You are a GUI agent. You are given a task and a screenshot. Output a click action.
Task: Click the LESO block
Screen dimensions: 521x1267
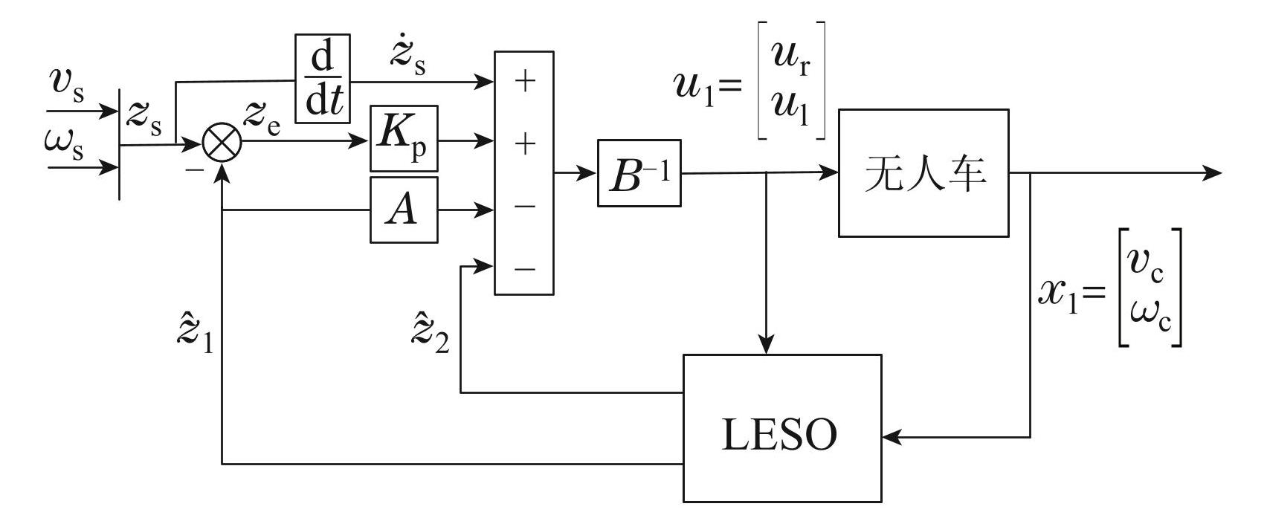point(781,428)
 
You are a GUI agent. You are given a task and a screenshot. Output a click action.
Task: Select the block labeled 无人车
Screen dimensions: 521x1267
point(923,173)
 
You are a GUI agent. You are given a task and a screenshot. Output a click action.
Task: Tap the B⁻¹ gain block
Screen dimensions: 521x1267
point(639,173)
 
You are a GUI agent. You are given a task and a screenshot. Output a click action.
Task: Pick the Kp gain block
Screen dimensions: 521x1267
point(404,139)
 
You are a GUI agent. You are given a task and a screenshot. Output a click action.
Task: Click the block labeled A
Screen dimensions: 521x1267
point(404,210)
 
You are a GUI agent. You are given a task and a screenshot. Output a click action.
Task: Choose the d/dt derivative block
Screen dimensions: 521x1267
point(323,78)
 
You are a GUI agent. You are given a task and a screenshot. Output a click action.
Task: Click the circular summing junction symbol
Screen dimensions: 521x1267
point(222,144)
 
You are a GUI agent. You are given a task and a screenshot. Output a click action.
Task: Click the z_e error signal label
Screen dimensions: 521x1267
point(262,119)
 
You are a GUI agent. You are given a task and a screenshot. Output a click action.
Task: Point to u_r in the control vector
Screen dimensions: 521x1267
point(790,56)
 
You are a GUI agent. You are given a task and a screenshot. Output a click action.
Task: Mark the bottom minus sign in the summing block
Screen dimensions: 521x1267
point(524,268)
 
